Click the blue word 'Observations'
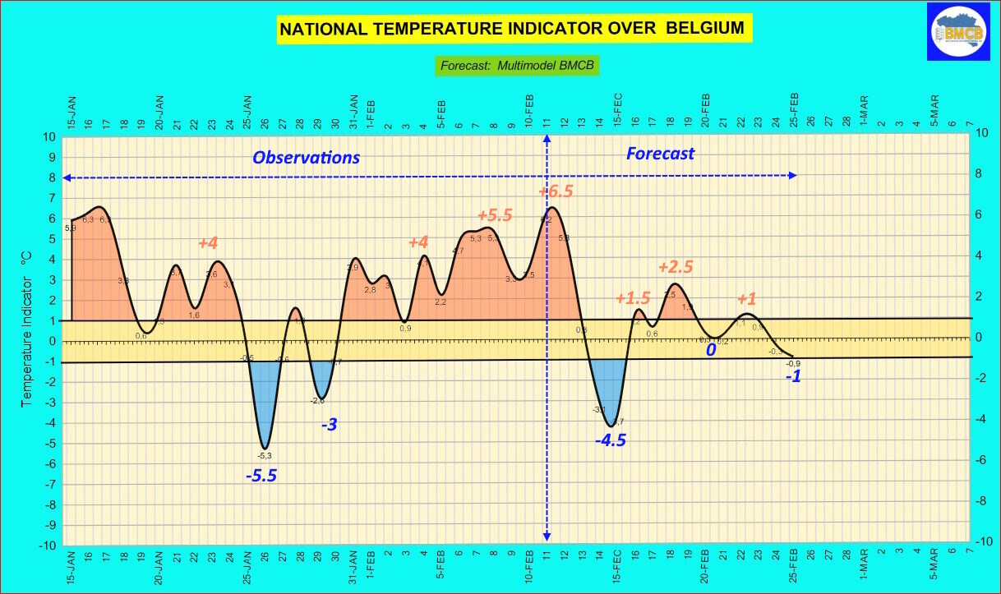coord(306,158)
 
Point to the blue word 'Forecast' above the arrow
coord(660,154)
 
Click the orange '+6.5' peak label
coord(556,191)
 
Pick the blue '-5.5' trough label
coord(261,475)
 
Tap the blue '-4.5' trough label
coord(611,440)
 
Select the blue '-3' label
coord(329,425)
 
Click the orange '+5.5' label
coord(495,216)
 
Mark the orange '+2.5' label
coord(676,267)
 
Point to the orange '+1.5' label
coord(633,299)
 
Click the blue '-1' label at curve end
coord(793,377)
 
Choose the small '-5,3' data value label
coord(265,455)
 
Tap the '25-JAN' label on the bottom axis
coord(247,568)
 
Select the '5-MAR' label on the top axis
coord(934,110)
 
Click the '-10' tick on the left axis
coord(48,546)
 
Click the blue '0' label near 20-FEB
coord(711,350)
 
